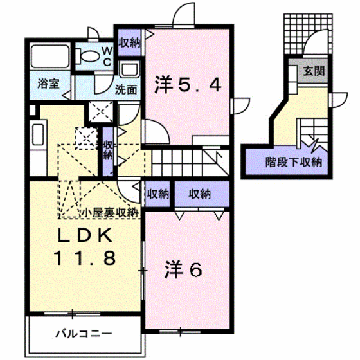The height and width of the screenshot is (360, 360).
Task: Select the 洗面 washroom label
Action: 126,89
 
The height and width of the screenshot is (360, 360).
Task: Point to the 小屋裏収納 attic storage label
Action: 109,213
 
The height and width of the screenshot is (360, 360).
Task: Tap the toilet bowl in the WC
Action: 89,56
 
